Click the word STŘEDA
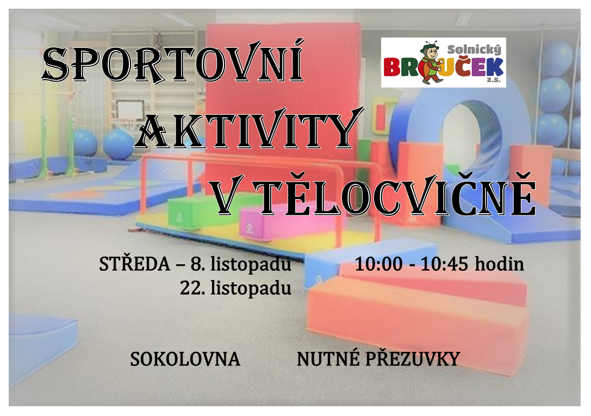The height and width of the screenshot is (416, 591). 134,264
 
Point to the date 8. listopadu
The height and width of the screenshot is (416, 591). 240,264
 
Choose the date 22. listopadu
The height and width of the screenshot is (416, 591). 235,288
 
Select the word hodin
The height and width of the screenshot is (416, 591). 500,264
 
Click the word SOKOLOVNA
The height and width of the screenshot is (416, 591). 185,359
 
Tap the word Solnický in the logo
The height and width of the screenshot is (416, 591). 474,49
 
